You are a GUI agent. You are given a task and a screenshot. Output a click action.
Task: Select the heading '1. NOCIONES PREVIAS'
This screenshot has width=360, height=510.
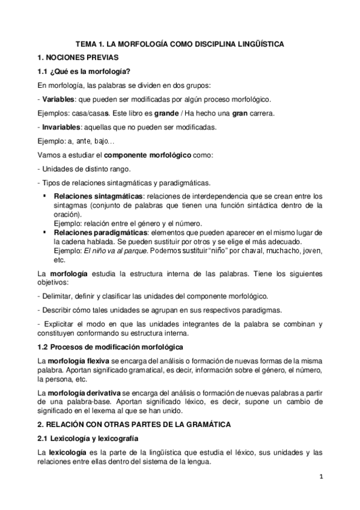click(x=79, y=58)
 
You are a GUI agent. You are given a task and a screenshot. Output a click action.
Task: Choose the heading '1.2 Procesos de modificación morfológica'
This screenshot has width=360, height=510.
click(x=106, y=347)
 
